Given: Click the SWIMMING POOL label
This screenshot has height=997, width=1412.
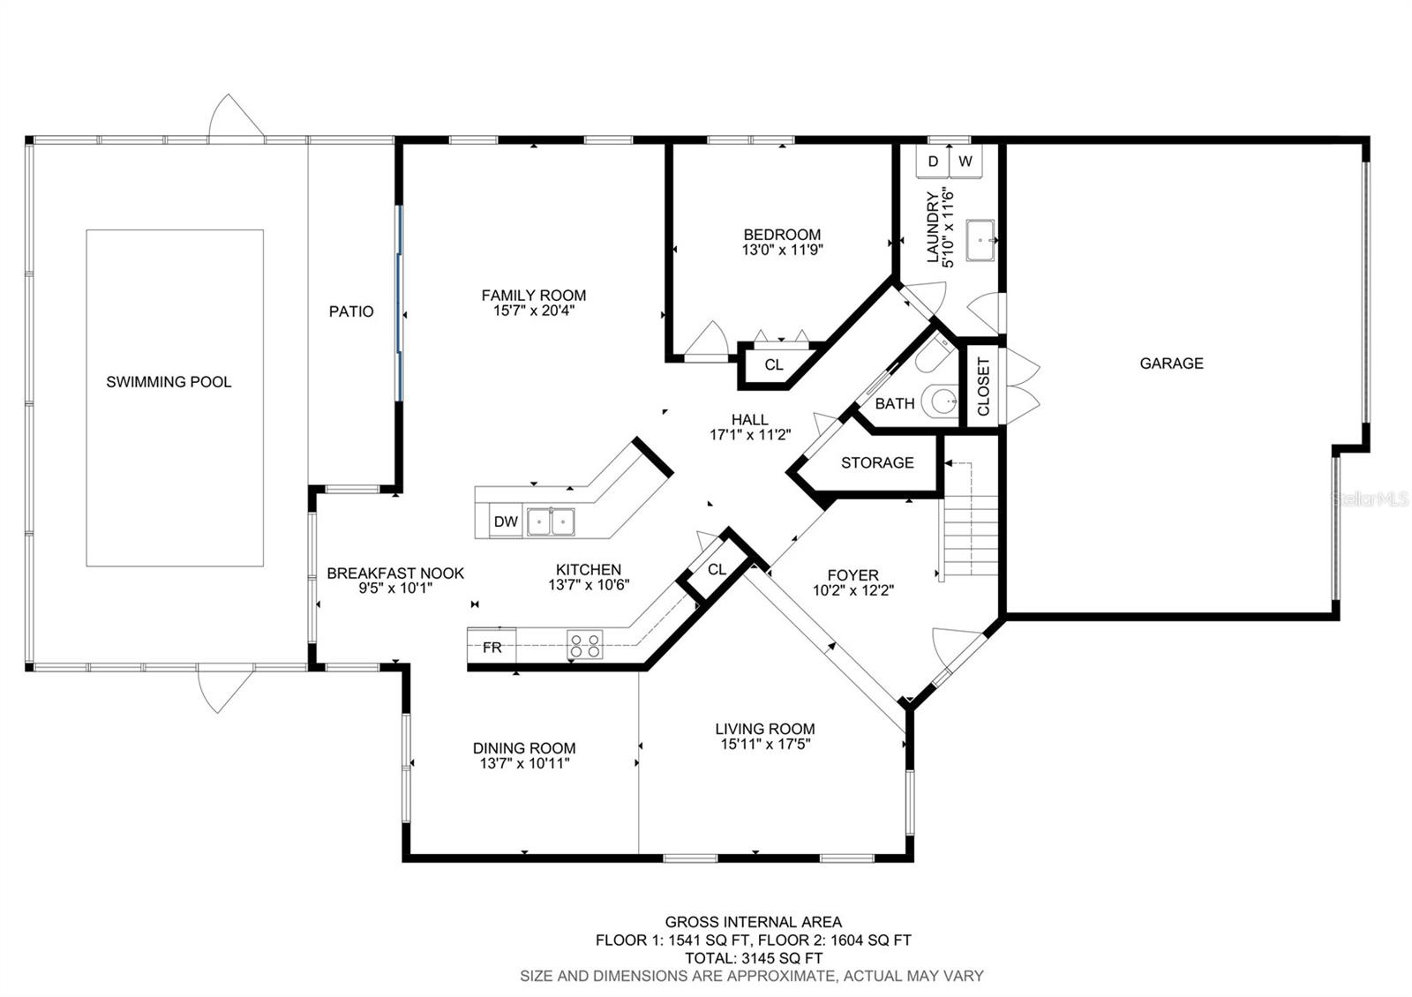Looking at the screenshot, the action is (169, 382).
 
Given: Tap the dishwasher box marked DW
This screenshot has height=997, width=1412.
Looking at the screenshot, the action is (506, 521).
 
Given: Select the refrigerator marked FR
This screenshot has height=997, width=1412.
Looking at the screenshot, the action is (492, 647).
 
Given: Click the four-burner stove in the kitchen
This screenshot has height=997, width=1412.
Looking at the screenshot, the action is (584, 645).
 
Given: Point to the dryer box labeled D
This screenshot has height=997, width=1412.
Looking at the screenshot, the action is (933, 161).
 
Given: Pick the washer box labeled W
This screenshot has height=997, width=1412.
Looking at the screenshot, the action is (965, 161).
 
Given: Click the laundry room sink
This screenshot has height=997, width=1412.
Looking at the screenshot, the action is (980, 240).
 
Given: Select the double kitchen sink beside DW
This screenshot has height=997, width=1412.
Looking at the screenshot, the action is (551, 521).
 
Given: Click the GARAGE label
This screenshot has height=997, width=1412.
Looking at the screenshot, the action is (1171, 363).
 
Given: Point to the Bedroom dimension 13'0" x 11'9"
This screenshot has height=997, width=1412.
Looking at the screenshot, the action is (782, 251).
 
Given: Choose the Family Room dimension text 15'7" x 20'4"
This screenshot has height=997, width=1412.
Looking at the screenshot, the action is (534, 311).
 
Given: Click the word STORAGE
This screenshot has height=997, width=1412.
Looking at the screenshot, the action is (877, 462).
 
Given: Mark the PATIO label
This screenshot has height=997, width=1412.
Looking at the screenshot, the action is (351, 311).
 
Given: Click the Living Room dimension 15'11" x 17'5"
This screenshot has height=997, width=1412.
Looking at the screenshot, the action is (765, 745).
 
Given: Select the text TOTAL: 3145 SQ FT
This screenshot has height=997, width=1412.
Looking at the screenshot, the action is (754, 958).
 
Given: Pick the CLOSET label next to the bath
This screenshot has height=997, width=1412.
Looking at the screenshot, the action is (983, 386).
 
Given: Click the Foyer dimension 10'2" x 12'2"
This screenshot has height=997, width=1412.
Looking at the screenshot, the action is (853, 590).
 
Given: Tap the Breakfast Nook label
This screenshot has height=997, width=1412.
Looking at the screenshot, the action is (395, 573).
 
